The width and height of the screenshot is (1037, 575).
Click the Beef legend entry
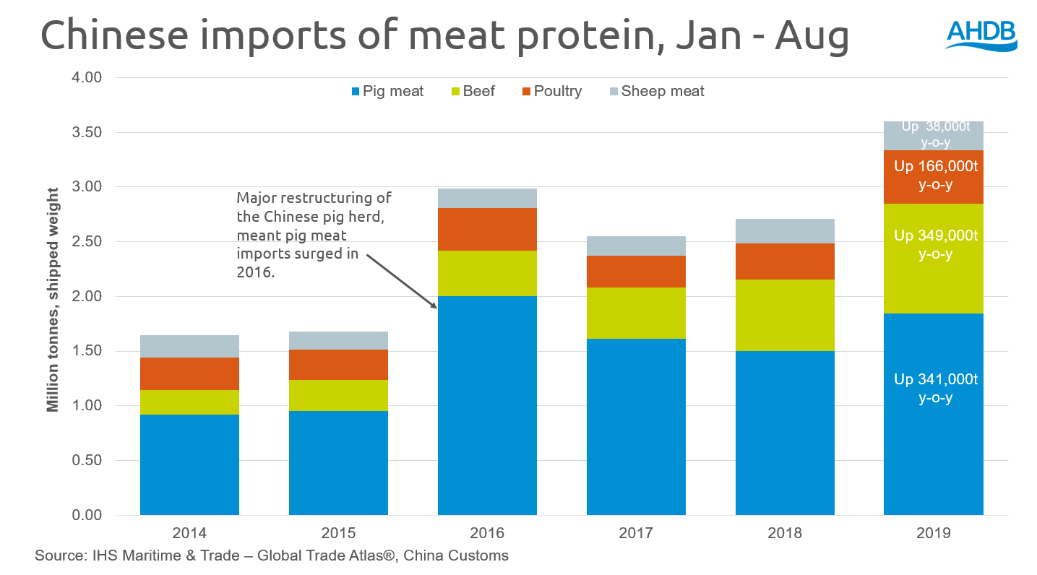point(471,92)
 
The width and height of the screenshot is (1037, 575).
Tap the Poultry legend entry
point(551,92)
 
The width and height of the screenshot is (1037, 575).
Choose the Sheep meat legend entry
point(654,92)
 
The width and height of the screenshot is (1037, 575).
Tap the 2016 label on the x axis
point(487,534)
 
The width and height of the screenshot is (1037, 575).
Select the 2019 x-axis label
point(934,534)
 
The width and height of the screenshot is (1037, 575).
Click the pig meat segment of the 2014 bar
point(189,464)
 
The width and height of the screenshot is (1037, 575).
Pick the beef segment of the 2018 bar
point(785,315)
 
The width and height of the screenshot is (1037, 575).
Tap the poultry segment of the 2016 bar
point(487,229)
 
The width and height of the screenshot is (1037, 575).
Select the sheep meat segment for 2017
point(636,246)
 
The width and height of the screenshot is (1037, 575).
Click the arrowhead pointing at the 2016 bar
point(435,306)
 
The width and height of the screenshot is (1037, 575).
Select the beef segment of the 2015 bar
point(338,395)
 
